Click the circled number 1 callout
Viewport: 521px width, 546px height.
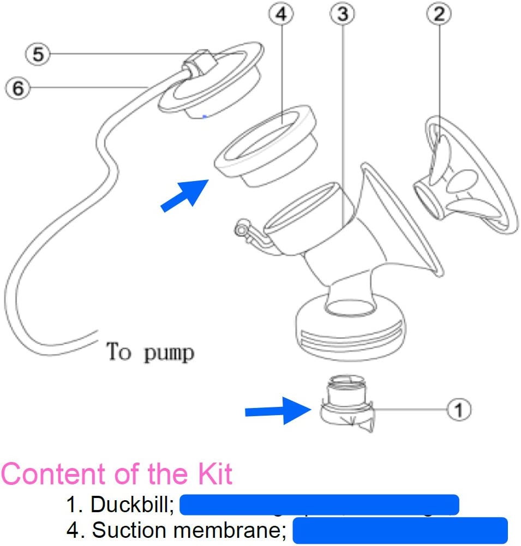point(458,409)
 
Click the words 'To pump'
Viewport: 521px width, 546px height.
point(150,352)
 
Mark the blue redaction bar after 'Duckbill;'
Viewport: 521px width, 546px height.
point(319,505)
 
